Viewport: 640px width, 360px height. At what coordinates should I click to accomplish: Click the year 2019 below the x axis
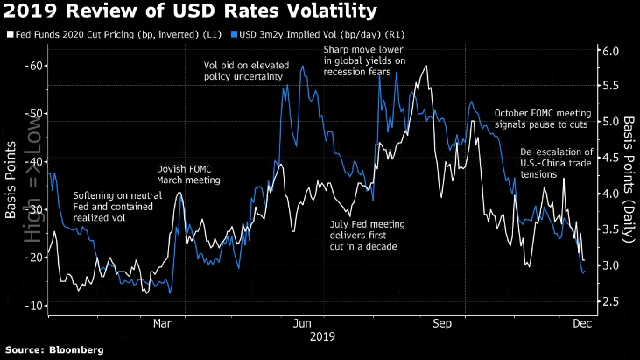coord(320,335)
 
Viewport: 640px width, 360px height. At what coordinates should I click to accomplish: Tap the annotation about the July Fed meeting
coord(362,235)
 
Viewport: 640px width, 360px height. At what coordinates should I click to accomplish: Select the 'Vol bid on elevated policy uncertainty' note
coord(243,71)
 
